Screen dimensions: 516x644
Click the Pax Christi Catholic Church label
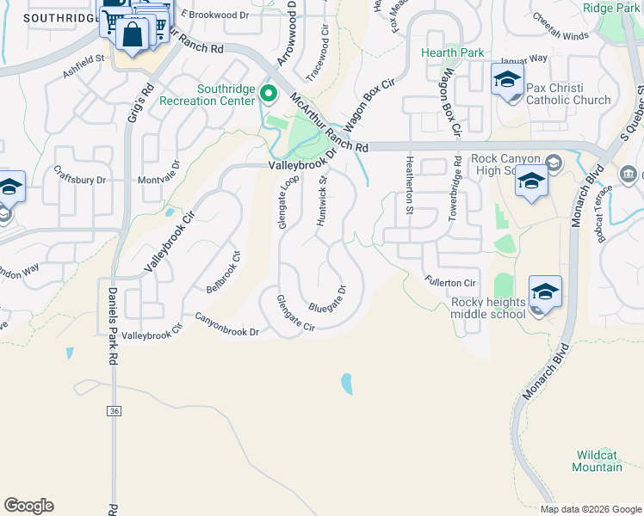pos(568,94)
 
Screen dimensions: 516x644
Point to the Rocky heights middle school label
pos(488,308)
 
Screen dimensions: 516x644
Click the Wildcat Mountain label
pos(598,460)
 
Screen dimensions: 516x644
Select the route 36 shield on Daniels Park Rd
pos(115,412)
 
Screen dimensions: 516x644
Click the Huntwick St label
pos(322,201)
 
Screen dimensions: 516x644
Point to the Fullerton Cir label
pos(450,281)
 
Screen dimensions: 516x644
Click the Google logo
pos(28,506)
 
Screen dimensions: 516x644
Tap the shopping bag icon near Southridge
pos(133,36)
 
